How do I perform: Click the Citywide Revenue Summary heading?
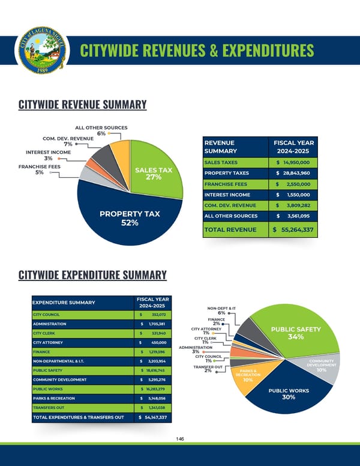[82, 105]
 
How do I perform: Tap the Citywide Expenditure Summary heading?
[92, 275]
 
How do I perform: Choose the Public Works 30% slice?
[287, 394]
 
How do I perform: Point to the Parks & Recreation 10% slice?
[247, 378]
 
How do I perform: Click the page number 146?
[180, 439]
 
